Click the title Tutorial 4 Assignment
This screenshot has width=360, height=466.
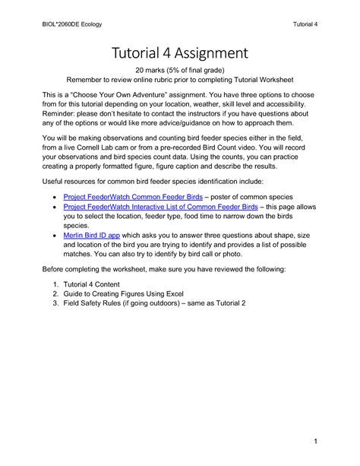click(179, 52)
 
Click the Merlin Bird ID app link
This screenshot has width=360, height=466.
click(93, 236)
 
